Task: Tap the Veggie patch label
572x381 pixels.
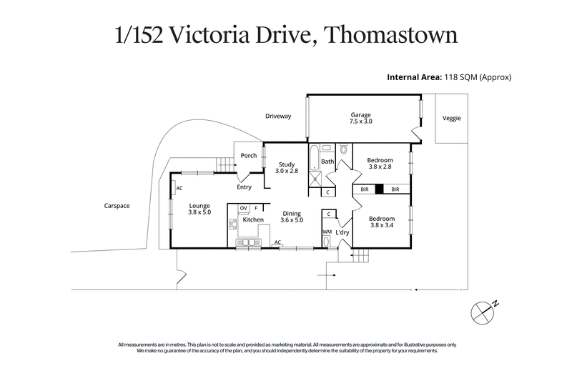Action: click(x=451, y=118)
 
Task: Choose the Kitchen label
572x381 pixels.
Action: click(x=253, y=219)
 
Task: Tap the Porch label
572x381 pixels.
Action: click(x=248, y=156)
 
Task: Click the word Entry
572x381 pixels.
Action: click(x=245, y=187)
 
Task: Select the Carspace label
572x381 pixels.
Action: click(x=116, y=206)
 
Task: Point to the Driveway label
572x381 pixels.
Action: click(x=278, y=116)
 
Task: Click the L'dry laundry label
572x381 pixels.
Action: click(x=342, y=233)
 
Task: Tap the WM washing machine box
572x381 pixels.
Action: click(x=327, y=232)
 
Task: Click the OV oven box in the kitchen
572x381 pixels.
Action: click(x=243, y=208)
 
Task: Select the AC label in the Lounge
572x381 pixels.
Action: click(x=179, y=189)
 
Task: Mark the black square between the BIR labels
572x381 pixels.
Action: click(x=380, y=189)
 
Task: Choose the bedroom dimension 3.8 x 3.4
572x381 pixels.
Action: click(x=381, y=225)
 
